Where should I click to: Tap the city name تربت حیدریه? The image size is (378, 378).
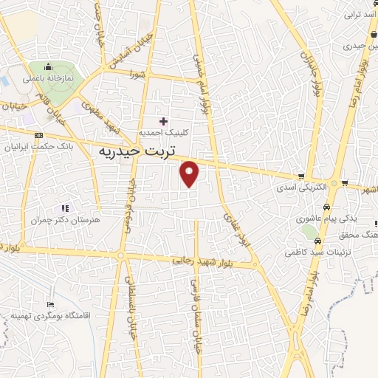[139, 151]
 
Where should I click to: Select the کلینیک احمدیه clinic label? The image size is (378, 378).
[163, 134]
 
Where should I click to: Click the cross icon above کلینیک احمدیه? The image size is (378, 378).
[163, 121]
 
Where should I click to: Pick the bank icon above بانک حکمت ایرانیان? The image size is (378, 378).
[38, 135]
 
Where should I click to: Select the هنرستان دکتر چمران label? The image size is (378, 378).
[64, 220]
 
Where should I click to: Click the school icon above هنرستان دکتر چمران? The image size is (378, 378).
[65, 208]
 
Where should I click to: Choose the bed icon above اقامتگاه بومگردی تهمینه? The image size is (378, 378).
[50, 304]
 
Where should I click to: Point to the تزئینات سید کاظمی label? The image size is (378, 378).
[317, 252]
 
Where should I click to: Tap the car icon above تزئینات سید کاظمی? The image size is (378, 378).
[317, 241]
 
